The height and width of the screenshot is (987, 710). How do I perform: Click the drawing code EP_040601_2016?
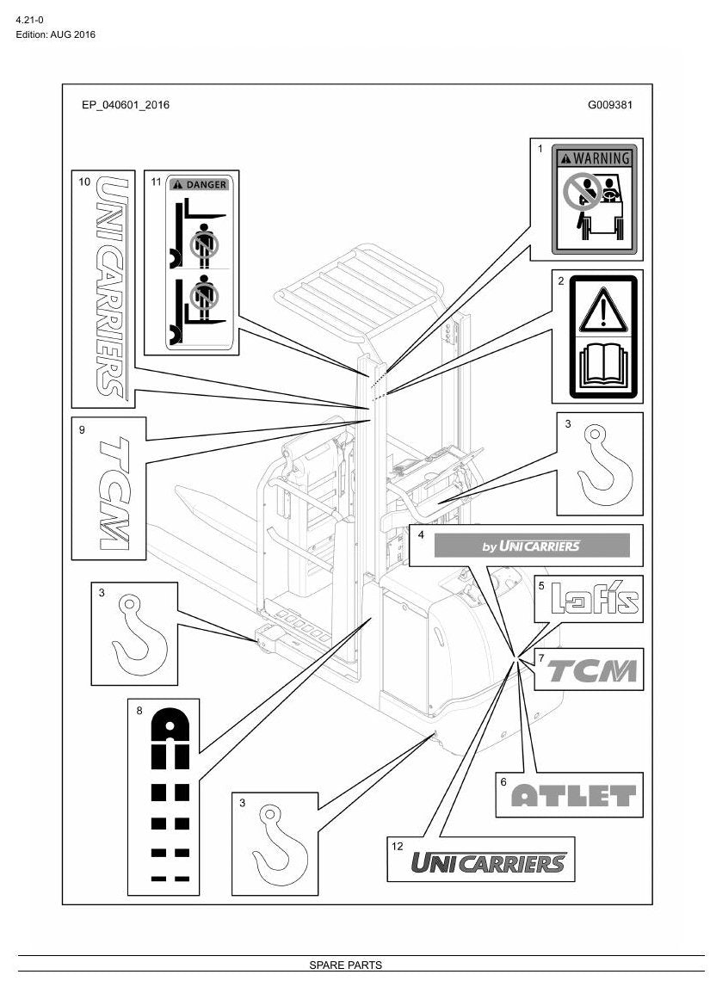click(x=126, y=105)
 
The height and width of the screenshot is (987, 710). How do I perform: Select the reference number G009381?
click(x=610, y=105)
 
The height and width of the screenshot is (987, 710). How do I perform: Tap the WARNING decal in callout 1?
click(x=594, y=200)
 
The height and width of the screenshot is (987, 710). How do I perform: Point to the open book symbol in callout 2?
click(x=603, y=366)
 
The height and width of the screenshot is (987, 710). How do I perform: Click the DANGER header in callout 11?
click(x=199, y=184)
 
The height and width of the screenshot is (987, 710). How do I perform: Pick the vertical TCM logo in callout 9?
click(x=115, y=494)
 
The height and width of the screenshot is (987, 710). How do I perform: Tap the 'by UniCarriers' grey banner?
click(x=532, y=545)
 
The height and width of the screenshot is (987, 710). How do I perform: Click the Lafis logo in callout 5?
click(x=595, y=598)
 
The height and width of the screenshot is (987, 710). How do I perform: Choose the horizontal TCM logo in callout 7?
click(x=592, y=670)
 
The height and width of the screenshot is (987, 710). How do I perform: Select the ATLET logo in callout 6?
click(x=573, y=796)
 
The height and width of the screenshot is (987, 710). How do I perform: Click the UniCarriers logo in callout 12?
click(x=489, y=862)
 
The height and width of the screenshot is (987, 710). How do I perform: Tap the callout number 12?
click(x=398, y=846)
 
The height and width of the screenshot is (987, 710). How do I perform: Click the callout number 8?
click(x=139, y=711)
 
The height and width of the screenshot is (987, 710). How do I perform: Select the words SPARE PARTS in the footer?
click(x=346, y=965)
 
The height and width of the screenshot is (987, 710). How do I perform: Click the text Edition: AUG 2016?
click(x=55, y=34)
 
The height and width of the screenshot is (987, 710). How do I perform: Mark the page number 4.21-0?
click(x=29, y=20)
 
